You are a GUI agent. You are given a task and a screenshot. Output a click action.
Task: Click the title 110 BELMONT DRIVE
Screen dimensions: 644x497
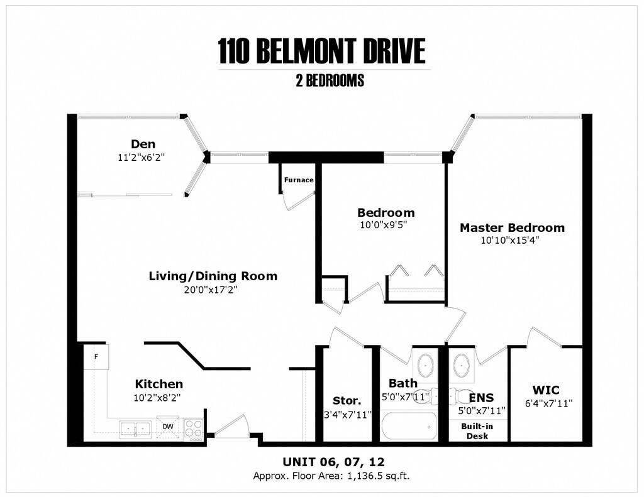pyautogui.click(x=321, y=52)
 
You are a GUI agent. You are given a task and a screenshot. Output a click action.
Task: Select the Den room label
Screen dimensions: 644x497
pyautogui.click(x=143, y=144)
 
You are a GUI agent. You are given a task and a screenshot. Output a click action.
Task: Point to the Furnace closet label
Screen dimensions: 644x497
pyautogui.click(x=299, y=180)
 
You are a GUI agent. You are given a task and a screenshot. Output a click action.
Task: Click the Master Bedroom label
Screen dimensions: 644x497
pyautogui.click(x=512, y=227)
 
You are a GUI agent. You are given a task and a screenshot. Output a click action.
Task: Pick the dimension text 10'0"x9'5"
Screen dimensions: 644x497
pyautogui.click(x=383, y=224)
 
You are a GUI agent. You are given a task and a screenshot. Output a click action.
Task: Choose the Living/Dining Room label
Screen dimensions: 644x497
pyautogui.click(x=213, y=276)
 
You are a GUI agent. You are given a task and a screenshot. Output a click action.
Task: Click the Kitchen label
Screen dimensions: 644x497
pyautogui.click(x=159, y=384)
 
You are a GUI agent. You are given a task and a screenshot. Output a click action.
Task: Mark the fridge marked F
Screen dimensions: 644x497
pyautogui.click(x=96, y=357)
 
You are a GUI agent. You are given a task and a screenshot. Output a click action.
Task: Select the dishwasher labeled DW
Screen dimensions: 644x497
pyautogui.click(x=167, y=427)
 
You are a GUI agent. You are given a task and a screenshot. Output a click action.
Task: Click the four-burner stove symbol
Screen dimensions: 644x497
pyautogui.click(x=193, y=429)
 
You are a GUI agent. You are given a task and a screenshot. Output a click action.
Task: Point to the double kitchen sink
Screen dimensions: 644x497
pyautogui.click(x=135, y=429)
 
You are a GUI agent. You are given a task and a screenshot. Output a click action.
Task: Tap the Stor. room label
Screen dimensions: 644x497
pyautogui.click(x=347, y=401)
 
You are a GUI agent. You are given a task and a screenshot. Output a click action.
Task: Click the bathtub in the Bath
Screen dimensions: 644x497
pyautogui.click(x=409, y=426)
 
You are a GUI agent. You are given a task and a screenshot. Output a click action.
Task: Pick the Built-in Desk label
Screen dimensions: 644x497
pyautogui.click(x=477, y=431)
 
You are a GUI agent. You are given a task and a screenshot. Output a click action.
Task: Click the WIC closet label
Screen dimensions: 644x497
pyautogui.click(x=545, y=390)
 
